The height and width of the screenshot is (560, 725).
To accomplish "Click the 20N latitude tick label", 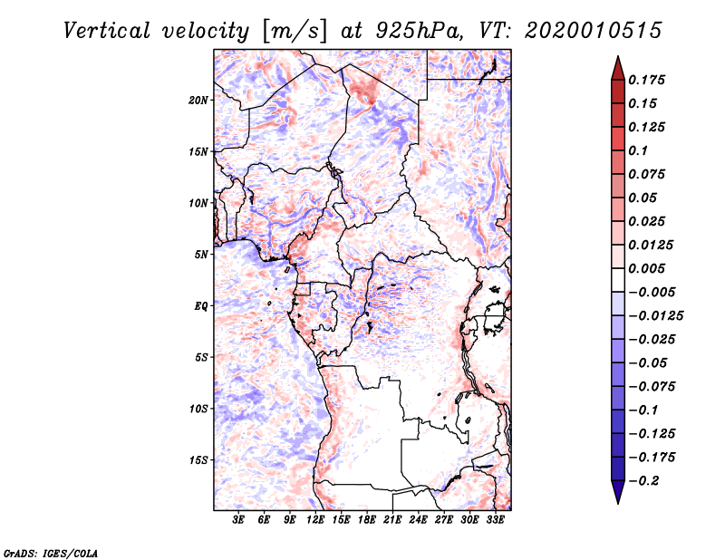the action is [198, 101].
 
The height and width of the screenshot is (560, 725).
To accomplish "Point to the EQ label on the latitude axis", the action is [201, 306].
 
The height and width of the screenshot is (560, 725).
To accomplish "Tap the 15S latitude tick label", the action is [198, 460].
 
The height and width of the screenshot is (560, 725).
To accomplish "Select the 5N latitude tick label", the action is [201, 255].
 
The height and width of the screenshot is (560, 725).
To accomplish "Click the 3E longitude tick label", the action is [238, 520].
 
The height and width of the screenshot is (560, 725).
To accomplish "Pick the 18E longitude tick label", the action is [367, 520].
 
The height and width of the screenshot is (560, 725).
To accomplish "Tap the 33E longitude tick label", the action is [495, 520].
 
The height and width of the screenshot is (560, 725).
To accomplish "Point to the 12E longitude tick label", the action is [315, 520].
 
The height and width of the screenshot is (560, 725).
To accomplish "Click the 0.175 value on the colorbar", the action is [646, 80].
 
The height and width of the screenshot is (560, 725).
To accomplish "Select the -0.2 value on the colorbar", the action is [643, 481].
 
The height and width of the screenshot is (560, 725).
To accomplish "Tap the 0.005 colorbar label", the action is [646, 268].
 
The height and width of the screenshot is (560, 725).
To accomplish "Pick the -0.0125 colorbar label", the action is [655, 316].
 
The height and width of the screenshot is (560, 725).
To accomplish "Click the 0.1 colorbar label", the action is [638, 150].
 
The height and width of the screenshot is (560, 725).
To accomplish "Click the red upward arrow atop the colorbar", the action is [618, 68].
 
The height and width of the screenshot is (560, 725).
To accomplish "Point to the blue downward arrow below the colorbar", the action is [618, 492].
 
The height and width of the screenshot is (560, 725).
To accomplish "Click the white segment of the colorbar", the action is [618, 280].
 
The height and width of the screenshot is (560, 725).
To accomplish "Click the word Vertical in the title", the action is [107, 31].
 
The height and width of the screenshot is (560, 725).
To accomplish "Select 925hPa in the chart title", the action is [419, 31].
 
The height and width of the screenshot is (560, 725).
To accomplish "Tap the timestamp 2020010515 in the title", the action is [594, 31].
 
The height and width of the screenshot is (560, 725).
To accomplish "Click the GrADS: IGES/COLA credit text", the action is [51, 553].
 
